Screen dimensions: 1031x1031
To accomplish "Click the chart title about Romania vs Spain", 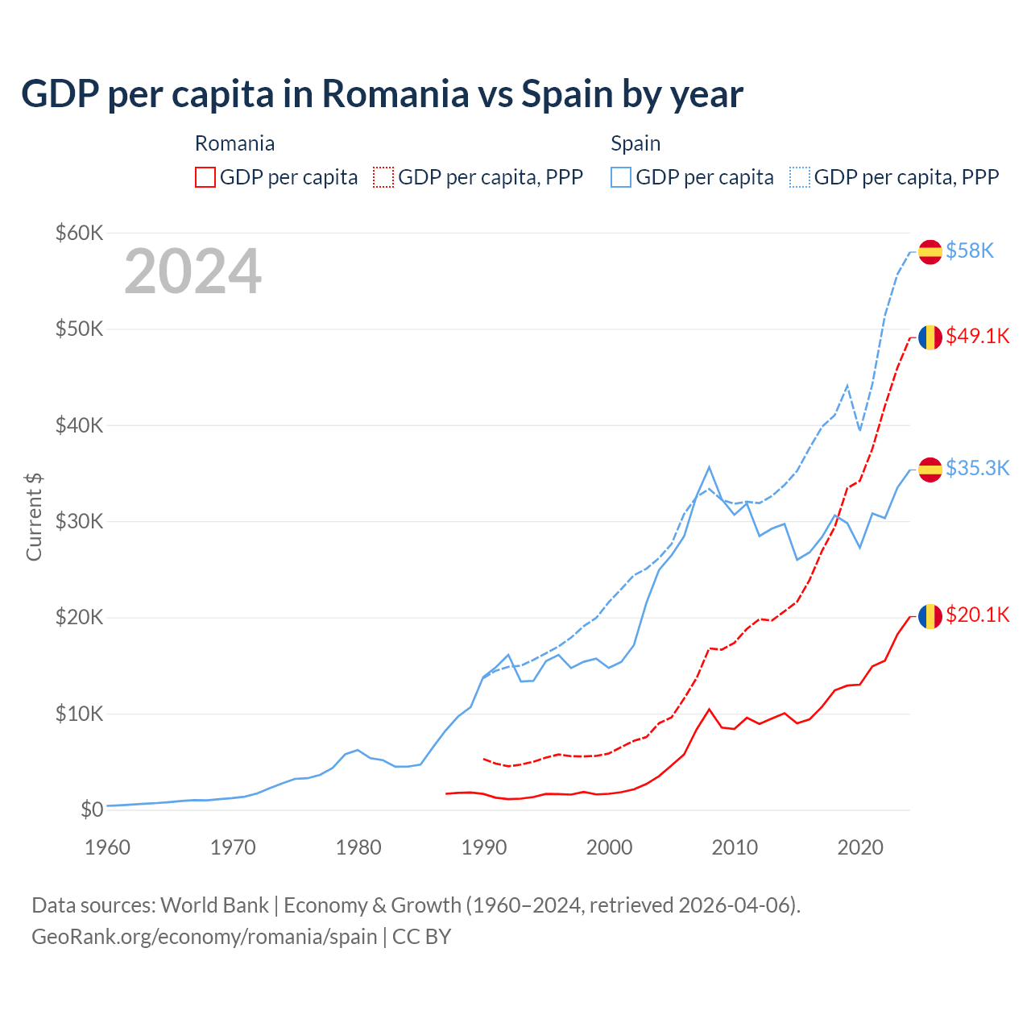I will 382,94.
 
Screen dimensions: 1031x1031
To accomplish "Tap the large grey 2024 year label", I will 193,271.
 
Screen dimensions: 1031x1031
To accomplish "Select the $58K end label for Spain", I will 970,251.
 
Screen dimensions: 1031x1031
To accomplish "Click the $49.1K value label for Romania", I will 977,336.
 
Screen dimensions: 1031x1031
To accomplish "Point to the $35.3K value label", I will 977,468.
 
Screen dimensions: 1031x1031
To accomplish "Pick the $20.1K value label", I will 977,615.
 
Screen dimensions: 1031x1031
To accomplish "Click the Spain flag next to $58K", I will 930,252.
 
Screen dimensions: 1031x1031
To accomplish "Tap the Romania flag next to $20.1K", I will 930,616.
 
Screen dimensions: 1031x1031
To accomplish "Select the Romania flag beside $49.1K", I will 930,337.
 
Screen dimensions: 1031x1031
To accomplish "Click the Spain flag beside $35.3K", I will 930,469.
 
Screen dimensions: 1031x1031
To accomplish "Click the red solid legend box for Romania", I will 205,177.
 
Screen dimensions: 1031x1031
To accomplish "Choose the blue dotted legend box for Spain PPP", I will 800,177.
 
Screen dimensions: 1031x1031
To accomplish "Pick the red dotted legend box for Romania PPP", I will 383,177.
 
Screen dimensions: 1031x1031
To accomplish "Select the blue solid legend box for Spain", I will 621,177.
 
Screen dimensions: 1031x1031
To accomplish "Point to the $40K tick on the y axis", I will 79,425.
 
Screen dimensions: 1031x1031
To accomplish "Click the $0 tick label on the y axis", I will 91,809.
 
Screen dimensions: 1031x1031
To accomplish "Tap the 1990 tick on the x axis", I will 484,847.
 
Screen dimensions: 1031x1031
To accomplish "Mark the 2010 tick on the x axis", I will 735,847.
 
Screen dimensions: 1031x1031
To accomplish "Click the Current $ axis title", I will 34,517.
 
